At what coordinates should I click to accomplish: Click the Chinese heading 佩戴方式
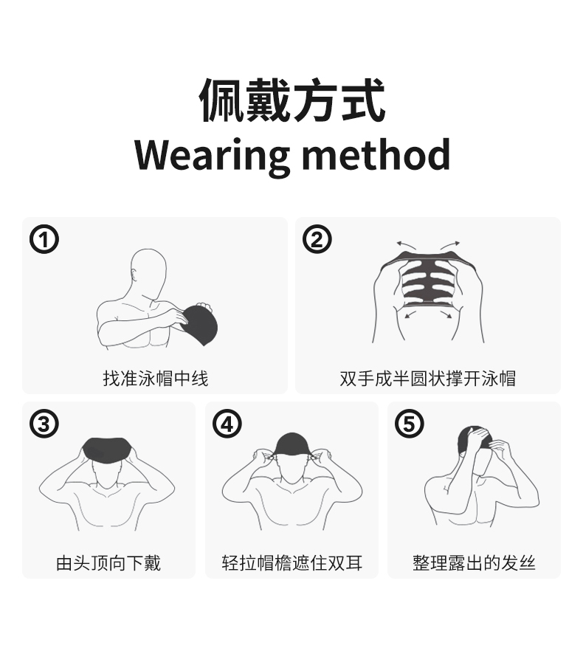point(292,100)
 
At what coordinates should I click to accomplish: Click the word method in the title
point(376,154)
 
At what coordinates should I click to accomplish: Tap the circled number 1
point(44,239)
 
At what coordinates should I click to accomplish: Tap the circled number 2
point(317,239)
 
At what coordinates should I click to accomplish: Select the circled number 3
point(44,424)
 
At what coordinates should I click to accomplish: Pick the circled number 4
point(227,424)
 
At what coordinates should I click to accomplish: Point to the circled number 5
point(409,424)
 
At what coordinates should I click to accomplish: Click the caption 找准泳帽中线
point(156,379)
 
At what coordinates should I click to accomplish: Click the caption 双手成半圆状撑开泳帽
point(428,379)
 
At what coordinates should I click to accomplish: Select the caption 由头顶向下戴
point(108,562)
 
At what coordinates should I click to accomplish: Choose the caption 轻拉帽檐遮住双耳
point(292,562)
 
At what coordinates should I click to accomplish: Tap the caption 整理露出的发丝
point(475,562)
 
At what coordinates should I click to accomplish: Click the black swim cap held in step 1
point(200,326)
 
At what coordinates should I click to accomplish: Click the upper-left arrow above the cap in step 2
point(406,244)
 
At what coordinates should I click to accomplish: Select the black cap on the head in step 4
point(292,444)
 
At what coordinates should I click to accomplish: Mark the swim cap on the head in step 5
point(473,437)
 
